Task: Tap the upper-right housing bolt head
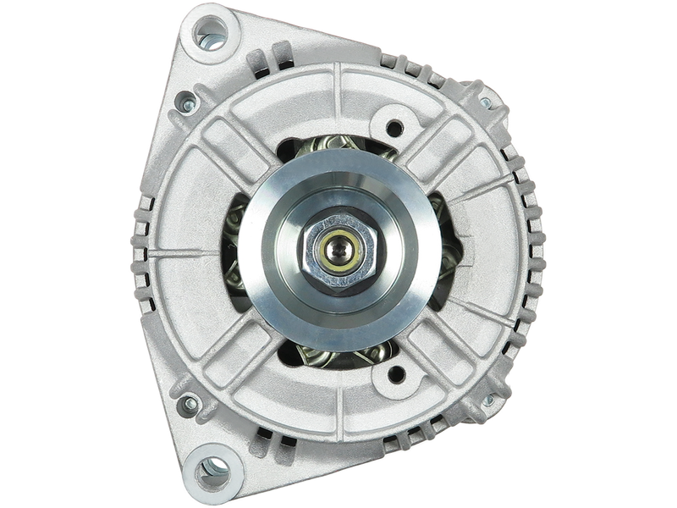click(486, 103)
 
